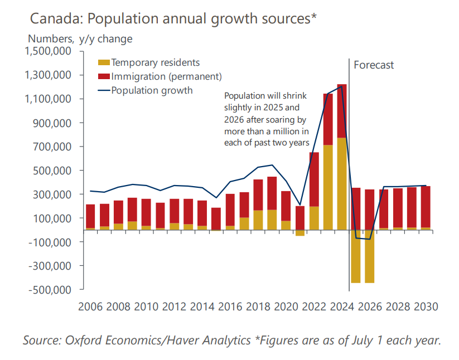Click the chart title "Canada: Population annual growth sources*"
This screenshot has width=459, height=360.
[173, 18]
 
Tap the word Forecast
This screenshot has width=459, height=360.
[374, 65]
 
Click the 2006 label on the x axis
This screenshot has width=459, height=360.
[90, 307]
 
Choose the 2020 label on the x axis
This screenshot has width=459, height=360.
[286, 307]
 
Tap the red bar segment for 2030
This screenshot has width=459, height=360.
[426, 207]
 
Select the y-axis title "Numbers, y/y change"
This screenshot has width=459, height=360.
[80, 39]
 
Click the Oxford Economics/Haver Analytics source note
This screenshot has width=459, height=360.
[231, 340]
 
